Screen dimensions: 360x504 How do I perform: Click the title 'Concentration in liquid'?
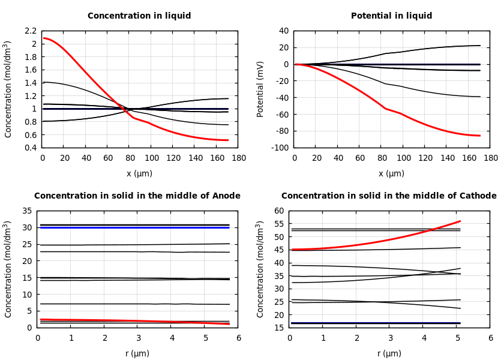(x=139, y=16)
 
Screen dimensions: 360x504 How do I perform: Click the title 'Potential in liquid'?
(x=391, y=16)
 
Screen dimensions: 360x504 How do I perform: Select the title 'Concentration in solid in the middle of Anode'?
(x=137, y=196)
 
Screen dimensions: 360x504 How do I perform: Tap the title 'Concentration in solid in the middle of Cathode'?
(x=389, y=196)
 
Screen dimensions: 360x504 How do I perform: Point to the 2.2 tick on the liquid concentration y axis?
(x=31, y=31)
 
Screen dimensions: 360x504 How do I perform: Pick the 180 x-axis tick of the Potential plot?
(x=490, y=158)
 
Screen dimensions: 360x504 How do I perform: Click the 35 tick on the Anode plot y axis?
(x=27, y=211)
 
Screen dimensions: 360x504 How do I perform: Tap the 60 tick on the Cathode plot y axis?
(x=279, y=211)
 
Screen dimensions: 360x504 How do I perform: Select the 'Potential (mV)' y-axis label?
(x=260, y=89)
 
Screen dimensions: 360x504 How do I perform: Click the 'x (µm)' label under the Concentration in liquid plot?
(x=139, y=174)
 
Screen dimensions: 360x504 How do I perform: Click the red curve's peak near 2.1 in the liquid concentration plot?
(x=44, y=38)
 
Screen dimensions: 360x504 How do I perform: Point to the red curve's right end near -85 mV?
(x=479, y=136)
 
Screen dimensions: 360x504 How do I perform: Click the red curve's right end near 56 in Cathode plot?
(x=460, y=221)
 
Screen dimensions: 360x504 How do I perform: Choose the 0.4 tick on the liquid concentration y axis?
(x=31, y=148)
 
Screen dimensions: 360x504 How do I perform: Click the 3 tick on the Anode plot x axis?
(x=138, y=338)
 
